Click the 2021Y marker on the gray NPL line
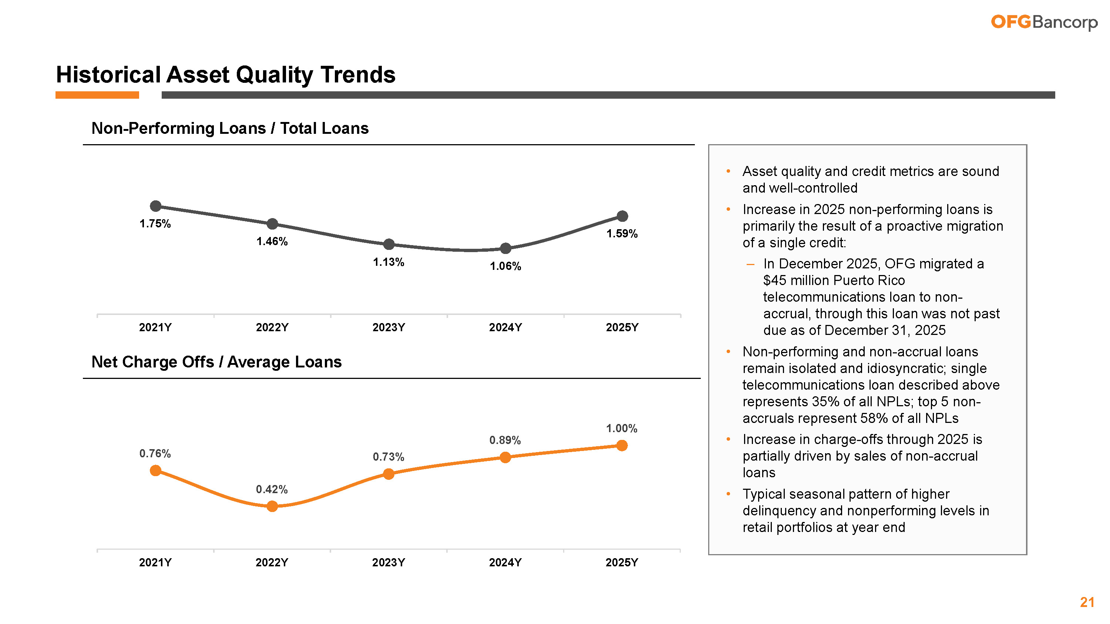click(x=155, y=206)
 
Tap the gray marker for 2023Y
click(x=388, y=244)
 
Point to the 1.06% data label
click(x=505, y=266)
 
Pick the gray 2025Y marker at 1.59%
click(x=622, y=216)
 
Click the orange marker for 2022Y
click(x=272, y=506)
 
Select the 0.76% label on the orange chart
click(x=155, y=454)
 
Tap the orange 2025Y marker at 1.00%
click(x=622, y=445)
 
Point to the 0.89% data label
click(x=505, y=440)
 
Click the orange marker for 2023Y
click(x=388, y=474)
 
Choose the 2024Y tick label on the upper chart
click(x=505, y=327)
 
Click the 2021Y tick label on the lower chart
click(x=155, y=562)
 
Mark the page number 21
click(x=1087, y=602)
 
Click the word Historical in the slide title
click(x=108, y=75)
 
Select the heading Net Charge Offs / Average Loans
click(x=216, y=362)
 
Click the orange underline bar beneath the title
click(x=97, y=95)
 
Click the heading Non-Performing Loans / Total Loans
click(x=230, y=128)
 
